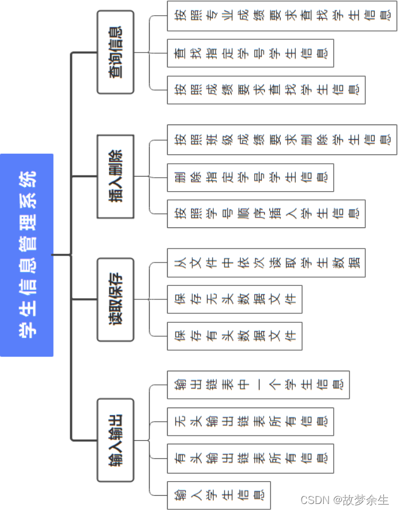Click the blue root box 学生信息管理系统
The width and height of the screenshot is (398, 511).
(x=27, y=255)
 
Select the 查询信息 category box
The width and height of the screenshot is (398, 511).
(x=115, y=52)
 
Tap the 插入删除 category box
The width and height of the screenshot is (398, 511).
(x=115, y=177)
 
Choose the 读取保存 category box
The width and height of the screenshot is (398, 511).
(x=115, y=299)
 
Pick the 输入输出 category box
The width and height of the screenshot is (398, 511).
(x=115, y=440)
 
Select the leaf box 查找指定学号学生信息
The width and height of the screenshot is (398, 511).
(x=250, y=53)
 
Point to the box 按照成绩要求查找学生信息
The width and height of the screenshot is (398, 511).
(x=266, y=90)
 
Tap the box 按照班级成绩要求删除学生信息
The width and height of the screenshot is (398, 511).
(x=282, y=140)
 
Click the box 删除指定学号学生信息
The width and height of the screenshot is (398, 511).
(x=250, y=177)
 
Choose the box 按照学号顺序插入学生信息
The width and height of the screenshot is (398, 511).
(x=266, y=213)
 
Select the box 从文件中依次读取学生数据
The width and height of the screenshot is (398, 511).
(x=266, y=263)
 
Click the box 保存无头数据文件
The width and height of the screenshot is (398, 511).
(x=234, y=299)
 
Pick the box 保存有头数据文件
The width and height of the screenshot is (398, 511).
(x=234, y=336)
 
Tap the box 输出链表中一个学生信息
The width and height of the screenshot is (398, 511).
(x=258, y=385)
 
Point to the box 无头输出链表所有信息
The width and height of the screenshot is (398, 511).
(x=250, y=422)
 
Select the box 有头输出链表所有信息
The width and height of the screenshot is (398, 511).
(x=250, y=458)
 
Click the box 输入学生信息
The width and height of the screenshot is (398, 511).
(x=219, y=495)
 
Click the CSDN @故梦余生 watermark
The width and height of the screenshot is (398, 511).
(x=344, y=500)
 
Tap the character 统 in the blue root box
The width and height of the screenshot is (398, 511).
(x=27, y=176)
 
